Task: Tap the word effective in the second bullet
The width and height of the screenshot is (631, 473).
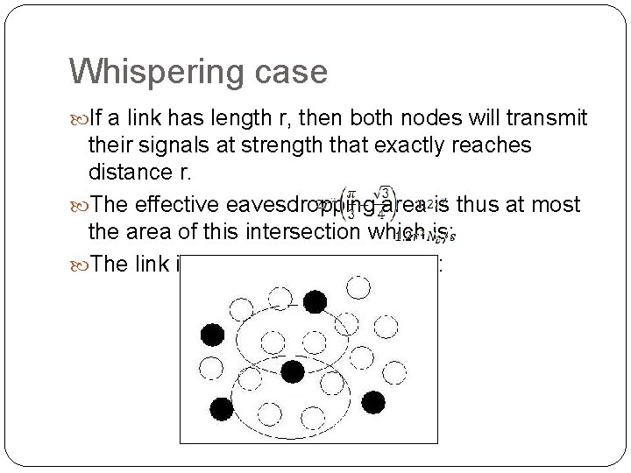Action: click(169, 205)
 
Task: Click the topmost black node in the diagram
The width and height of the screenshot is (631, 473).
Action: click(315, 303)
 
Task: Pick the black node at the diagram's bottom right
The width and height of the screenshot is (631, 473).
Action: click(373, 403)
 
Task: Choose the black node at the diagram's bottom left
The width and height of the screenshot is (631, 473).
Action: click(222, 407)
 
